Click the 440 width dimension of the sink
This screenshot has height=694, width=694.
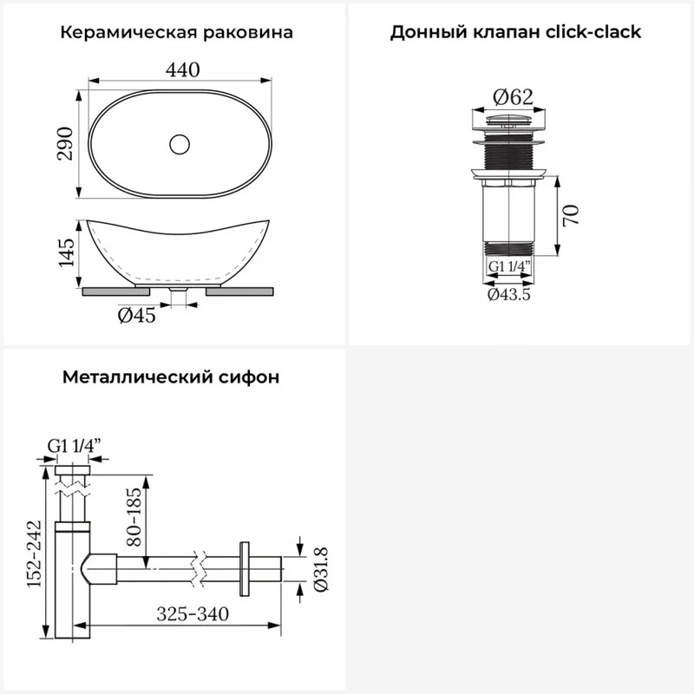[x=182, y=69]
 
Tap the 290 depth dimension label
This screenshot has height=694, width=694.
[x=65, y=143]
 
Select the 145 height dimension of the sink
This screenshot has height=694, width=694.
[x=67, y=252]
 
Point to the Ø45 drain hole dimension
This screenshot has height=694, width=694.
[x=137, y=315]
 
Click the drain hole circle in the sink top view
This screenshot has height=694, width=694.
[x=180, y=144]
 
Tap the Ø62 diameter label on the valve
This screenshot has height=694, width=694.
[x=514, y=96]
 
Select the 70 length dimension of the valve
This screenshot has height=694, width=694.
[x=572, y=215]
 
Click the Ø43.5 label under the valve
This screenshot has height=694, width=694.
[x=509, y=294]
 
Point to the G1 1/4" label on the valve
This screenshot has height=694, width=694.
[x=509, y=266]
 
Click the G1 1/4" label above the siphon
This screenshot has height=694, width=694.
[x=75, y=446]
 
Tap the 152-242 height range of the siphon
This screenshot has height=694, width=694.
[x=34, y=554]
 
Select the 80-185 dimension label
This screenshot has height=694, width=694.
[x=134, y=516]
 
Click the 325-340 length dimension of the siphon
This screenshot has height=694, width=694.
[x=193, y=614]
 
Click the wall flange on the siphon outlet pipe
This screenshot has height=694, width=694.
[x=244, y=569]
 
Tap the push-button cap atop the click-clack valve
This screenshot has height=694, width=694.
[x=509, y=119]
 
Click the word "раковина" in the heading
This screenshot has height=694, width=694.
[x=248, y=33]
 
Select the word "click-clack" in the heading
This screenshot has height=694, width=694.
[x=593, y=32]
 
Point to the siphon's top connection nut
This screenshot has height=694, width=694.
[x=73, y=470]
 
